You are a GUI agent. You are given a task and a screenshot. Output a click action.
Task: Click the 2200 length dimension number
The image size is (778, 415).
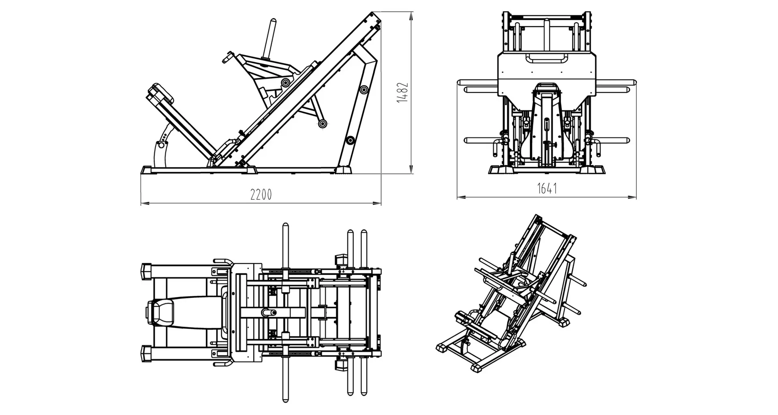tap(261, 195)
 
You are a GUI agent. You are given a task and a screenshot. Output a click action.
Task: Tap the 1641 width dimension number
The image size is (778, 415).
tap(547, 188)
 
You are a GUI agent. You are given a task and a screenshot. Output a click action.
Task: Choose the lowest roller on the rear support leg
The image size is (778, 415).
tap(350, 140)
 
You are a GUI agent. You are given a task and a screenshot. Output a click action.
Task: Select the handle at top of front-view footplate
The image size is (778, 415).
tap(547, 59)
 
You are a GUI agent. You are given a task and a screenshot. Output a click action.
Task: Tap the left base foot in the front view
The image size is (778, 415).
tap(500, 169)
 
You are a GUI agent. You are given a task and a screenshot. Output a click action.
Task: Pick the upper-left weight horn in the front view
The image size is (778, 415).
tap(480, 89)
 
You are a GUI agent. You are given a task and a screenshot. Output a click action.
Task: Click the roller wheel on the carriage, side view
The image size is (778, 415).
tap(286, 82)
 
